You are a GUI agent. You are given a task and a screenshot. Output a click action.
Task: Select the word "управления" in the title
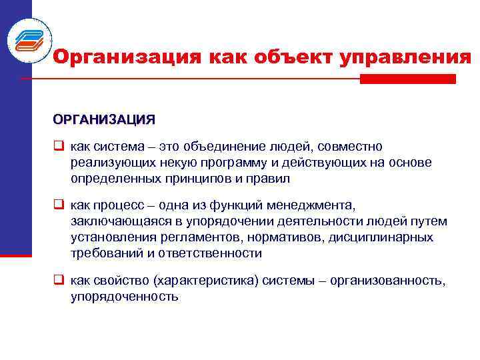point(405,58)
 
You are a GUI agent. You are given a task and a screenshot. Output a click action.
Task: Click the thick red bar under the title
point(407,79)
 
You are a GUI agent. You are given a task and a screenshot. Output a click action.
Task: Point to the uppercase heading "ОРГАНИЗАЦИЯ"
point(104,120)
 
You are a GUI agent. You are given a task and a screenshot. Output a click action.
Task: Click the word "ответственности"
point(208,253)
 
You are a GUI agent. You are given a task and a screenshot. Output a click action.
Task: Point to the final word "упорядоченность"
point(125,297)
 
